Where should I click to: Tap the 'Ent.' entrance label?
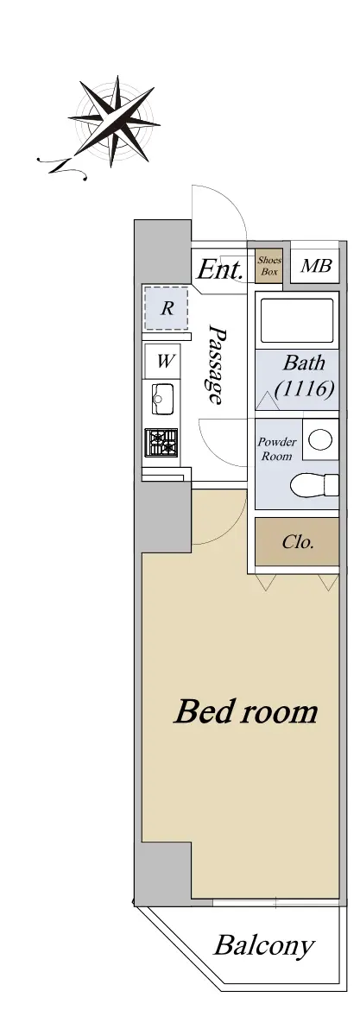point(221,269)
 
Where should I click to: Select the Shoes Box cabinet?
point(269,267)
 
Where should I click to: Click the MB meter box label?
point(316,266)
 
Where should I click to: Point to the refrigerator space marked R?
point(167,308)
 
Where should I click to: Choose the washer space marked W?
point(167,361)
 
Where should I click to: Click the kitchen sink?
point(162,399)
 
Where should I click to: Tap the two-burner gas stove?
point(161,442)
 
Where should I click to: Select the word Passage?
point(217,363)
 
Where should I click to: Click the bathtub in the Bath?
point(297,320)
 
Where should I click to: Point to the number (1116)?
point(303,388)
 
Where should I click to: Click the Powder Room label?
point(277,449)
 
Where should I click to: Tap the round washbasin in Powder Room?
point(321,439)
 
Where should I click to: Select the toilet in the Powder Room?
point(314,485)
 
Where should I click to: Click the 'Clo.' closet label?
point(298,543)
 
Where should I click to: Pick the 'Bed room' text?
point(246,712)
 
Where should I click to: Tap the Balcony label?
point(263,947)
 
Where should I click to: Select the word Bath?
point(304,363)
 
